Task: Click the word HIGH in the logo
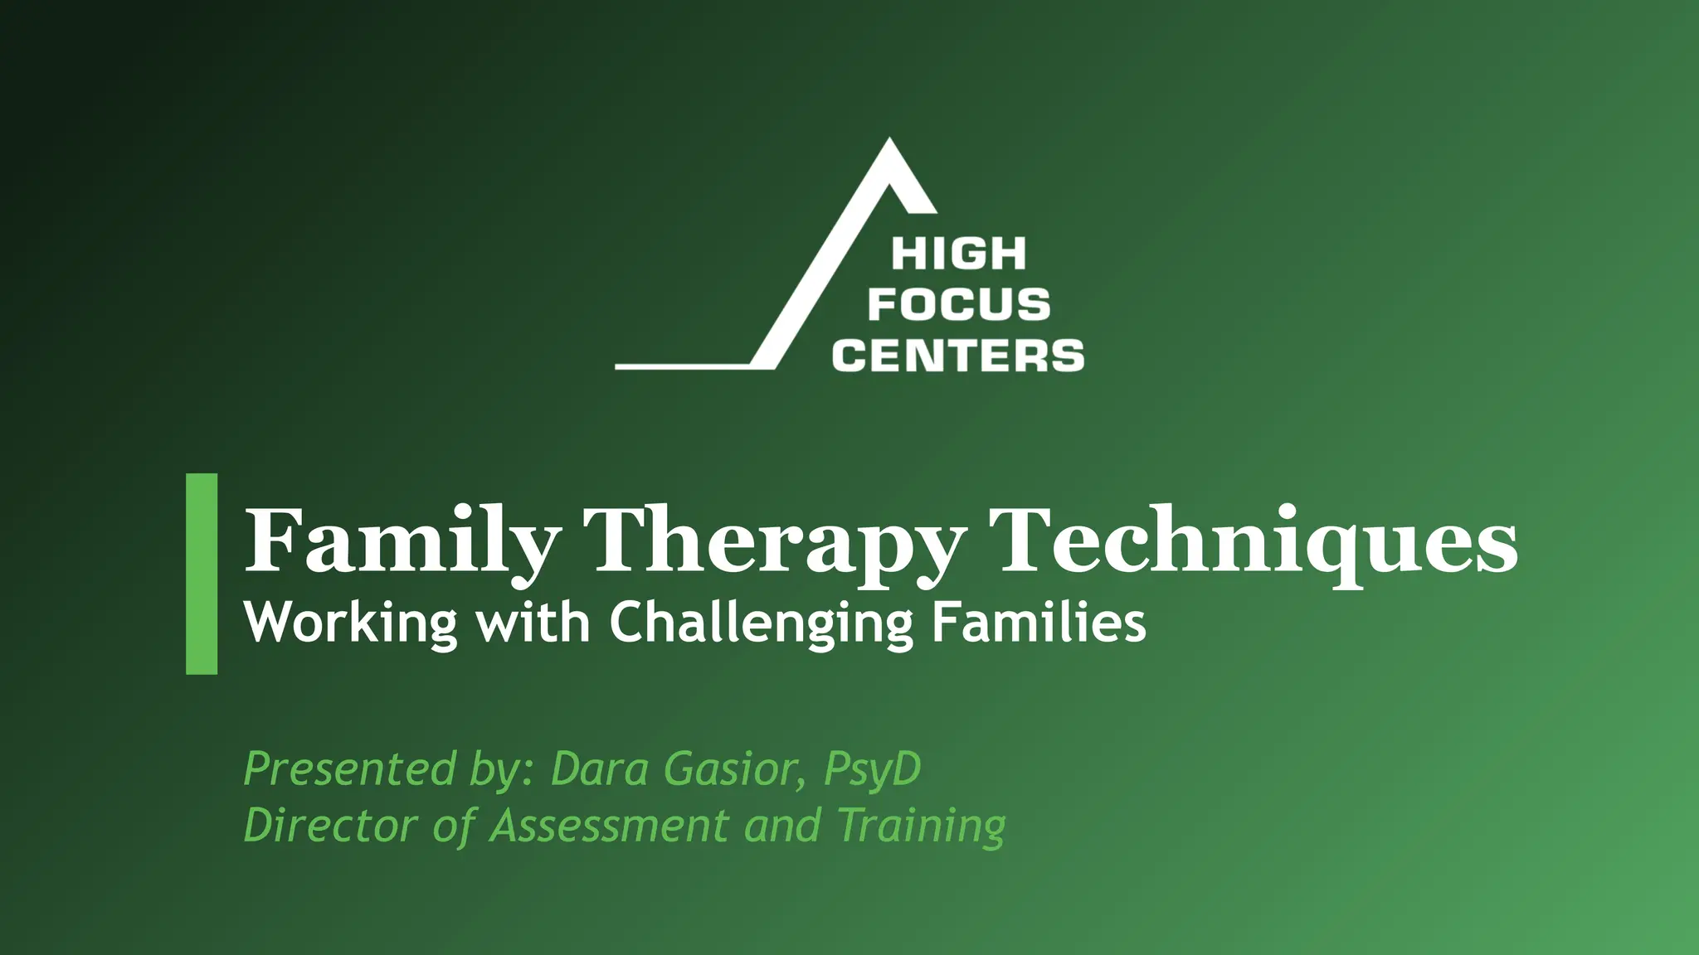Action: (x=958, y=255)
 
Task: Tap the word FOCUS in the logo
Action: (x=958, y=305)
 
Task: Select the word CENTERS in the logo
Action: (x=958, y=356)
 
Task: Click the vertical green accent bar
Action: (x=202, y=574)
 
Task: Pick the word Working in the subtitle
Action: (x=350, y=623)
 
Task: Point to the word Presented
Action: (x=348, y=768)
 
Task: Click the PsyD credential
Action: (x=872, y=770)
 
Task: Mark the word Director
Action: (x=329, y=825)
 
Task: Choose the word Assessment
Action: (x=609, y=825)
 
